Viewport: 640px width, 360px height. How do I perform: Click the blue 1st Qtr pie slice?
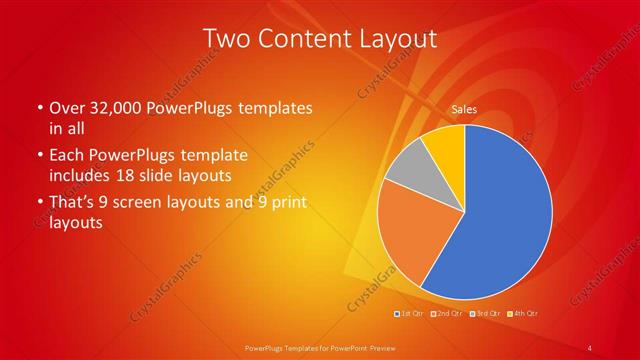(505, 215)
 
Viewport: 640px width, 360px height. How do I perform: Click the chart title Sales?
(463, 109)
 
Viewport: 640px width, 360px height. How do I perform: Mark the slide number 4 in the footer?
(589, 348)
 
